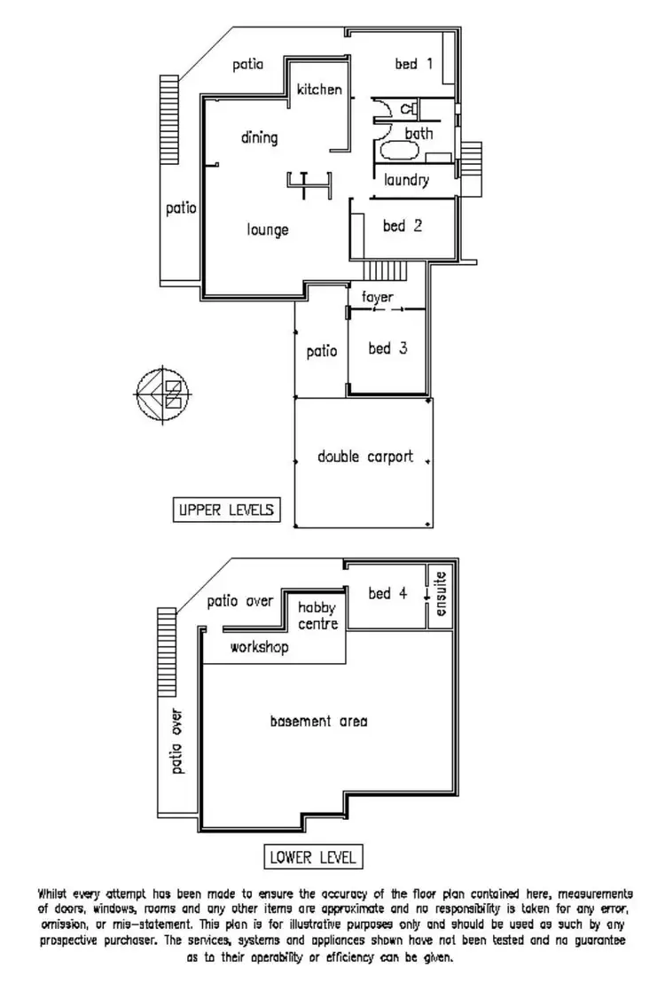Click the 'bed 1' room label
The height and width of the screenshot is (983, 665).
413,64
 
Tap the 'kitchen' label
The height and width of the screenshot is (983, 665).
319,89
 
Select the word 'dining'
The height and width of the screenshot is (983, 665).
259,137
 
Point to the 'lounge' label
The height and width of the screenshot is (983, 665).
268,230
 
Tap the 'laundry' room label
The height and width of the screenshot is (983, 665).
407,180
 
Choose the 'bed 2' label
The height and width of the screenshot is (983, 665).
402,226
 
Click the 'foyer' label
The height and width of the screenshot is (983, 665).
377,297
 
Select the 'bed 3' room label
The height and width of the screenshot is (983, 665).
387,348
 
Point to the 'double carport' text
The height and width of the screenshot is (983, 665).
365,457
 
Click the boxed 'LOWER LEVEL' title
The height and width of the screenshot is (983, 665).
312,857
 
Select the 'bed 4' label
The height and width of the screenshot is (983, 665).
387,593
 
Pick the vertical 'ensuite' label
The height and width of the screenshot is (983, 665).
442,595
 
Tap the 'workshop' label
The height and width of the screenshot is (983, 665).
259,648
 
